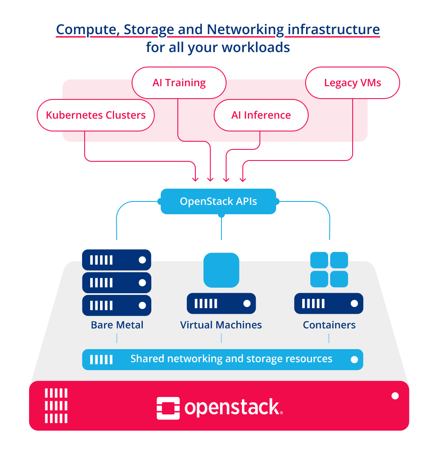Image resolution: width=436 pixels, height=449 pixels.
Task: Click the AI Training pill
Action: click(179, 83)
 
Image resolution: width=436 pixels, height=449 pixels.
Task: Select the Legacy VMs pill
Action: click(352, 83)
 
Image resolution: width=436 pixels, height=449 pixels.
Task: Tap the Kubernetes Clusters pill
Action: click(95, 115)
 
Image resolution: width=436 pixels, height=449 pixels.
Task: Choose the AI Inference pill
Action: click(261, 115)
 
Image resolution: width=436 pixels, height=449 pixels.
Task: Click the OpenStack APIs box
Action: click(218, 201)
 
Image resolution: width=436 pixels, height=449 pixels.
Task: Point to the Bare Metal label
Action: click(117, 325)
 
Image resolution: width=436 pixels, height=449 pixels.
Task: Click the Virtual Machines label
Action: click(221, 325)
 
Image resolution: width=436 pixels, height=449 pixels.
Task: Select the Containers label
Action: click(329, 325)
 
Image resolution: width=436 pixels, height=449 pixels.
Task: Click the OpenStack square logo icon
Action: click(168, 408)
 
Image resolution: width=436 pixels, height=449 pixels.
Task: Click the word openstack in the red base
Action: click(232, 408)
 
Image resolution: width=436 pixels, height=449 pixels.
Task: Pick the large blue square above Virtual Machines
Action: click(221, 270)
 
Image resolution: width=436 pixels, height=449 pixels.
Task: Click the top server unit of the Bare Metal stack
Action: click(116, 259)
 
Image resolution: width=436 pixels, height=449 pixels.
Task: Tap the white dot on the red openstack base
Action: click(395, 396)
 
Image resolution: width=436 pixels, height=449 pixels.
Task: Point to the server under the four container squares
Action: click(328, 303)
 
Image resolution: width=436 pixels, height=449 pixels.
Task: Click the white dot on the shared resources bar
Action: click(354, 359)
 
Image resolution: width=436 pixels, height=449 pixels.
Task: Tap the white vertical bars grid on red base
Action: click(56, 405)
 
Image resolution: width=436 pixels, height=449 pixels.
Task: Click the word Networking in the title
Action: click(245, 30)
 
